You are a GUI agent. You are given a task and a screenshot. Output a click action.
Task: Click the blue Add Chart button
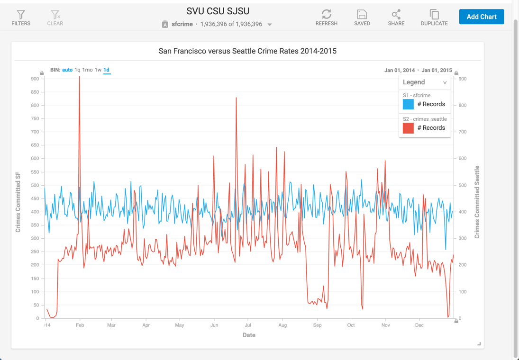pyautogui.click(x=481, y=17)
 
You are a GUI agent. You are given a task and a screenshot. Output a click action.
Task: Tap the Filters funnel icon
pyautogui.click(x=21, y=15)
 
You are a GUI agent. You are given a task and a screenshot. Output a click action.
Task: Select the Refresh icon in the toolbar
pyautogui.click(x=326, y=14)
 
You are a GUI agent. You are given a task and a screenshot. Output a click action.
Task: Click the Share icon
pyautogui.click(x=396, y=14)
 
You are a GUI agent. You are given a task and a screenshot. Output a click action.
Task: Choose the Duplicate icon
pyautogui.click(x=434, y=14)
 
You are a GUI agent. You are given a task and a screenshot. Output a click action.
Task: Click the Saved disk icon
pyautogui.click(x=362, y=14)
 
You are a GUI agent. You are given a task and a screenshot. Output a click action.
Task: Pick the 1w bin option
pyautogui.click(x=98, y=70)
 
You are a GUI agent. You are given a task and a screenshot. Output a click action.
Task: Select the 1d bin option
pyautogui.click(x=107, y=70)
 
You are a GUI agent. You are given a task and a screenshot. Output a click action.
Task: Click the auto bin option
pyautogui.click(x=67, y=70)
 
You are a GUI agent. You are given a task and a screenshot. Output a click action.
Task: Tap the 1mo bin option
pyautogui.click(x=88, y=70)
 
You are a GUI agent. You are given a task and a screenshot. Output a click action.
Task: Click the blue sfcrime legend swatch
pyautogui.click(x=408, y=104)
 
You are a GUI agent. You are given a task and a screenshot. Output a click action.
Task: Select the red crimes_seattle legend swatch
pyautogui.click(x=408, y=128)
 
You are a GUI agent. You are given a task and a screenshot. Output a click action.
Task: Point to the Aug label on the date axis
pyautogui.click(x=282, y=325)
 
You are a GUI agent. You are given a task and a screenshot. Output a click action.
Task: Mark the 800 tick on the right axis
pyautogui.click(x=463, y=106)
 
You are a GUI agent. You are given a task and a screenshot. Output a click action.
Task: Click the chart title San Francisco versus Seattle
pyautogui.click(x=247, y=51)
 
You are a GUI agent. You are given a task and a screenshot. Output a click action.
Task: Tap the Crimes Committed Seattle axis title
pyautogui.click(x=477, y=202)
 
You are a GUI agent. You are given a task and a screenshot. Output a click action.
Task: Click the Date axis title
pyautogui.click(x=249, y=335)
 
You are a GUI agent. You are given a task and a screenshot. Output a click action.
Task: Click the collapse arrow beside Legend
pyautogui.click(x=445, y=82)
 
